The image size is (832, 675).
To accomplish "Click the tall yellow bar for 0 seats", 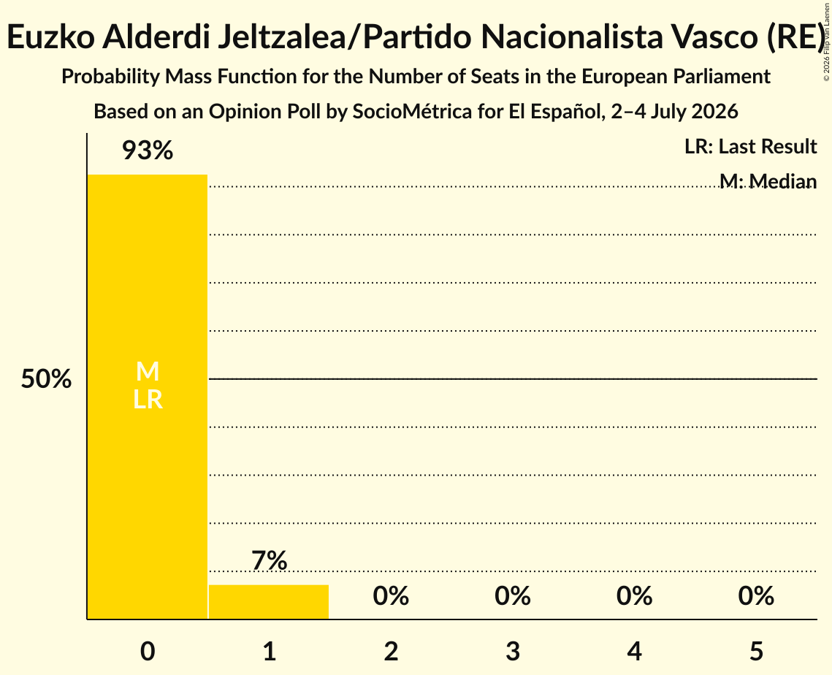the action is click(x=148, y=397).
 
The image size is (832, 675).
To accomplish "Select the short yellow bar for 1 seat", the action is click(x=269, y=602).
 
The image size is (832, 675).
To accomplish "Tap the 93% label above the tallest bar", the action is click(x=148, y=150).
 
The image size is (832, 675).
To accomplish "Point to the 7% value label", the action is click(x=269, y=560).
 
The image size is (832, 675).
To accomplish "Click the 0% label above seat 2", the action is click(x=391, y=596).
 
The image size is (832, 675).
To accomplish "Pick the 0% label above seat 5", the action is click(x=756, y=596).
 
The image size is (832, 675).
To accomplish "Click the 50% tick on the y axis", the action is click(x=46, y=379).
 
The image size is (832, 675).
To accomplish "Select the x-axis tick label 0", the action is click(x=148, y=651).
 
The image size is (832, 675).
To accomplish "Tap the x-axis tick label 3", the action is click(x=513, y=651).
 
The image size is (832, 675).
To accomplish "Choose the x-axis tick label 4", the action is click(x=635, y=651).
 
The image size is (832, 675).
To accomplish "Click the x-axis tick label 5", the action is click(x=756, y=651).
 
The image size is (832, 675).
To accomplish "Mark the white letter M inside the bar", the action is click(x=148, y=371).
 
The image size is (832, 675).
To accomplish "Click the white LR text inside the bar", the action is click(x=148, y=400).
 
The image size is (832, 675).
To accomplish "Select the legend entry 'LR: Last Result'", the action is click(x=750, y=146).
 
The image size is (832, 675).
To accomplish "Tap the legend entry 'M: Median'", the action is click(x=768, y=181).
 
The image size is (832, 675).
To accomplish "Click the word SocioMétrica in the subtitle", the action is click(x=412, y=112).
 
